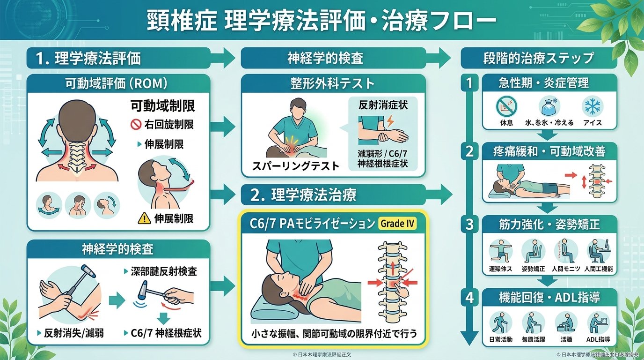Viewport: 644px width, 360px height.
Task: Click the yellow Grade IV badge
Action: [397, 224]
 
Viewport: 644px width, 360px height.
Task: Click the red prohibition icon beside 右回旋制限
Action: [135, 125]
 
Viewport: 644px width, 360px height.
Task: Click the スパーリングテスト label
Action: [295, 166]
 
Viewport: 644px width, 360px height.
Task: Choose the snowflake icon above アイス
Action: [592, 106]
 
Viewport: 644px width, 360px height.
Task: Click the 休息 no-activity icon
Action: [506, 106]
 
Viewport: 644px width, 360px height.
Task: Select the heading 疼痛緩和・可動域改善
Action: [549, 151]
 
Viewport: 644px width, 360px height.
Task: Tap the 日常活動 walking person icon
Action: [501, 322]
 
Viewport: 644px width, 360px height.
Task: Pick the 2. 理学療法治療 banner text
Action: [307, 195]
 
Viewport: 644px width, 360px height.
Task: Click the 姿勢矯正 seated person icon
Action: [533, 251]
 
